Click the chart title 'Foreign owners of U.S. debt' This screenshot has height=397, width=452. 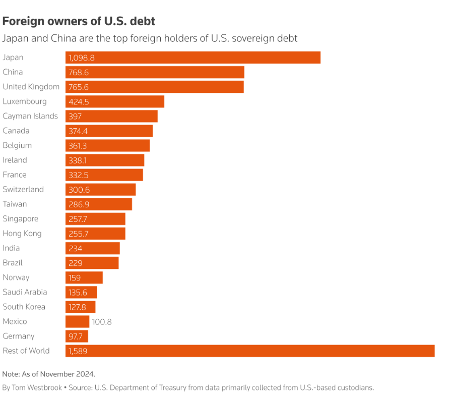[x=79, y=21]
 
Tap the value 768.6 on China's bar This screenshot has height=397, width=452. [x=79, y=72]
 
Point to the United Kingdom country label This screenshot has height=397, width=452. [x=31, y=87]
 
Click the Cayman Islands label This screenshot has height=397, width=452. [x=30, y=116]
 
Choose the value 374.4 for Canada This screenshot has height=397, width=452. [x=79, y=131]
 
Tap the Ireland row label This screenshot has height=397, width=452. [x=15, y=160]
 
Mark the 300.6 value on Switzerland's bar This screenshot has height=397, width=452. [x=79, y=189]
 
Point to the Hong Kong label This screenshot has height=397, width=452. [x=22, y=234]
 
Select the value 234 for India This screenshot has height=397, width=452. [x=75, y=248]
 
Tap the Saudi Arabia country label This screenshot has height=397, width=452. [x=25, y=292]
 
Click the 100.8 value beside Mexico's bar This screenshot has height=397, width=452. [x=102, y=321]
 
